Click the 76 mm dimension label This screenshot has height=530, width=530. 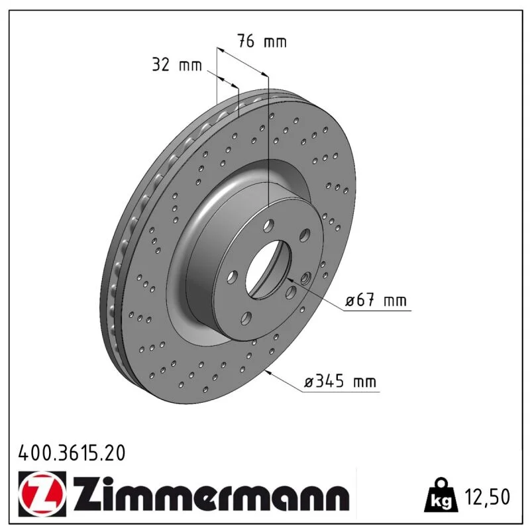(x=262, y=41)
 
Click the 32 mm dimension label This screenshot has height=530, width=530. (x=177, y=64)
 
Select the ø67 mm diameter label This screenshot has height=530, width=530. (x=376, y=300)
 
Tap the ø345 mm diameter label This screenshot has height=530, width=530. (x=340, y=382)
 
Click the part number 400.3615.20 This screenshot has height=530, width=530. (x=72, y=453)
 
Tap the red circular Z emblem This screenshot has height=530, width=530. (x=42, y=494)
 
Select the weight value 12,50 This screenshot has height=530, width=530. (x=488, y=496)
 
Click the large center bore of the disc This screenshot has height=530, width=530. (x=268, y=270)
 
